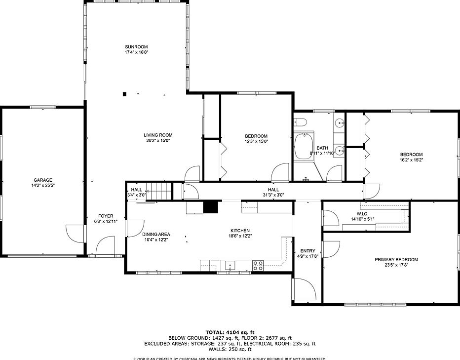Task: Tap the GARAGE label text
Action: [43, 180]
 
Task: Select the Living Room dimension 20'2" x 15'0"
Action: [158, 141]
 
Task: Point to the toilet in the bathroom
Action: [301, 122]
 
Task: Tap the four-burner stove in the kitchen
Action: [258, 265]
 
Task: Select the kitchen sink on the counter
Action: [230, 266]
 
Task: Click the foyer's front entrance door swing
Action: [105, 246]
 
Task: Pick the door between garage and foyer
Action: [74, 234]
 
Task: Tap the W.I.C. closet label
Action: [360, 214]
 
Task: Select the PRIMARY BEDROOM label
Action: [396, 260]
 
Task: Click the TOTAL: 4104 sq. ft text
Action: [230, 332]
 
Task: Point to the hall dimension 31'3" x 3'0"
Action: [273, 195]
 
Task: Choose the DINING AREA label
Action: [156, 234]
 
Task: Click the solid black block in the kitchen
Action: [211, 207]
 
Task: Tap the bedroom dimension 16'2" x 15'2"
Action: [411, 160]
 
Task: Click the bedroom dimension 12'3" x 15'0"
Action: [256, 142]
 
